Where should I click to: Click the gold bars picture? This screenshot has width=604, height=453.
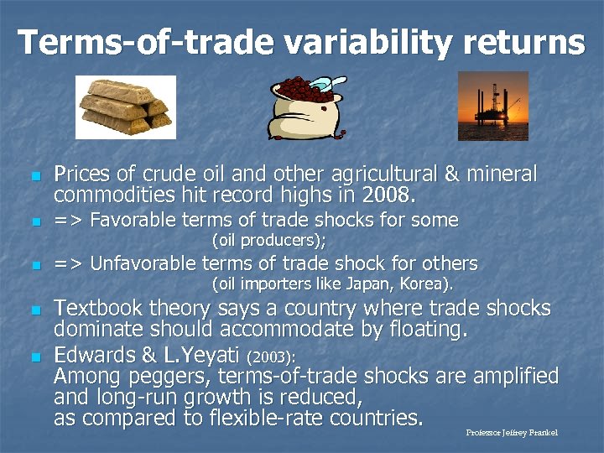126,107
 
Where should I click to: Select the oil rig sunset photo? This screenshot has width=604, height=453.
492,106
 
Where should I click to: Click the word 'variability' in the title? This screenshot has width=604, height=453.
323,42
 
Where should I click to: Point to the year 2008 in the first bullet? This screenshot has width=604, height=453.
388,195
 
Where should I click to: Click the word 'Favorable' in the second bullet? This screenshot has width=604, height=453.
130,221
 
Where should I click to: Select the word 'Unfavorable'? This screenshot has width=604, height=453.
141,263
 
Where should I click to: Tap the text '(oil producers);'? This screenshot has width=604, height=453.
268,241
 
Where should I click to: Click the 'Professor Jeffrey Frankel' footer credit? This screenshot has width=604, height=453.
511,433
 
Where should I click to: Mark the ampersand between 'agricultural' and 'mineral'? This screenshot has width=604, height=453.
450,174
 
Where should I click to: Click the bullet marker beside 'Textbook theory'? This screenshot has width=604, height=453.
34,310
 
